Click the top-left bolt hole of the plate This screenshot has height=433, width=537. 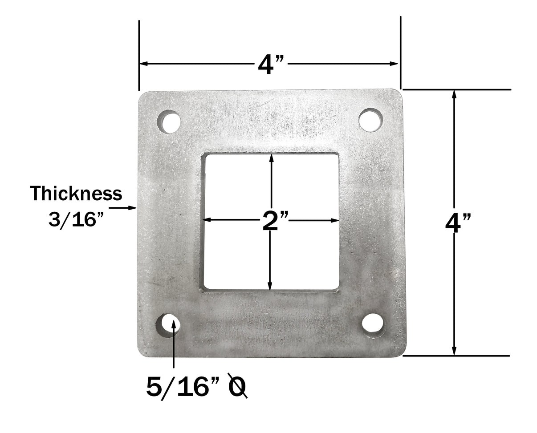169,122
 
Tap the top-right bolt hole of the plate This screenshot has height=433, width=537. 370,120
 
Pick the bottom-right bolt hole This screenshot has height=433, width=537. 373,324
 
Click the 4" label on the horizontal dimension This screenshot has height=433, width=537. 270,65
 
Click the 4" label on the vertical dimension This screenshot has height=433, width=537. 458,223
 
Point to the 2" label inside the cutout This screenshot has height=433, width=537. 275,221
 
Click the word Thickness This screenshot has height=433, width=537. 76,194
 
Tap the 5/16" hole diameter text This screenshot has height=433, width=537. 184,387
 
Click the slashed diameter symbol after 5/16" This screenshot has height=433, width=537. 237,386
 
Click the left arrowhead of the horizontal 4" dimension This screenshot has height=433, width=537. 143,64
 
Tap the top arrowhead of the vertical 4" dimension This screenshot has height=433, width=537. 454,94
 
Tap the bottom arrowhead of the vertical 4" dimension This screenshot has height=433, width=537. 454,351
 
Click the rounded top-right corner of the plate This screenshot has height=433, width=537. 399,93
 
